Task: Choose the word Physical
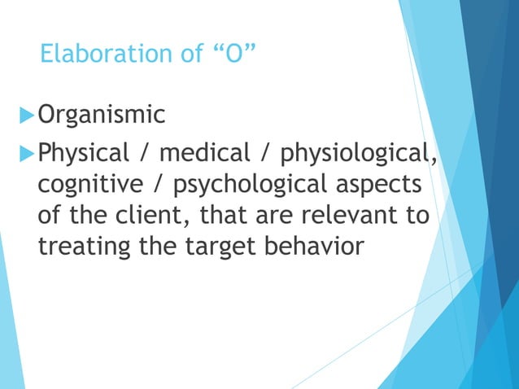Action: (85, 151)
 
